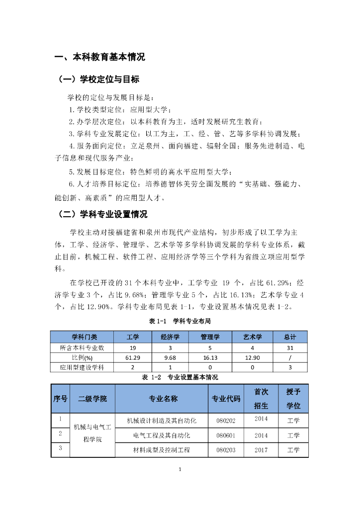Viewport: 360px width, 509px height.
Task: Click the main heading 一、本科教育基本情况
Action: click(99, 57)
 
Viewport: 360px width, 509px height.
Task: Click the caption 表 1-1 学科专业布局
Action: click(180, 321)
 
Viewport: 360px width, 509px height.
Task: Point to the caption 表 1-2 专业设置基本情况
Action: click(180, 377)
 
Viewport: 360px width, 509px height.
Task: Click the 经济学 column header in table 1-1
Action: click(170, 337)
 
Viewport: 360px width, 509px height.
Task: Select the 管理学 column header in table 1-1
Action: click(210, 337)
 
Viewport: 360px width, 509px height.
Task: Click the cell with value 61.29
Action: click(132, 357)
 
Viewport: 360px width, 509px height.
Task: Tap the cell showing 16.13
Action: click(210, 357)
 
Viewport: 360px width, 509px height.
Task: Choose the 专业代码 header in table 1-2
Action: click(226, 399)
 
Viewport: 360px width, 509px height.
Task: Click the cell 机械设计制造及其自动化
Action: click(162, 421)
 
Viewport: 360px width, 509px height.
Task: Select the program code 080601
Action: click(226, 435)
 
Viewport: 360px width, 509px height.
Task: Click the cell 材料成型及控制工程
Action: click(162, 450)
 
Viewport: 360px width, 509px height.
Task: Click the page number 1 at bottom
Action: click(180, 469)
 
